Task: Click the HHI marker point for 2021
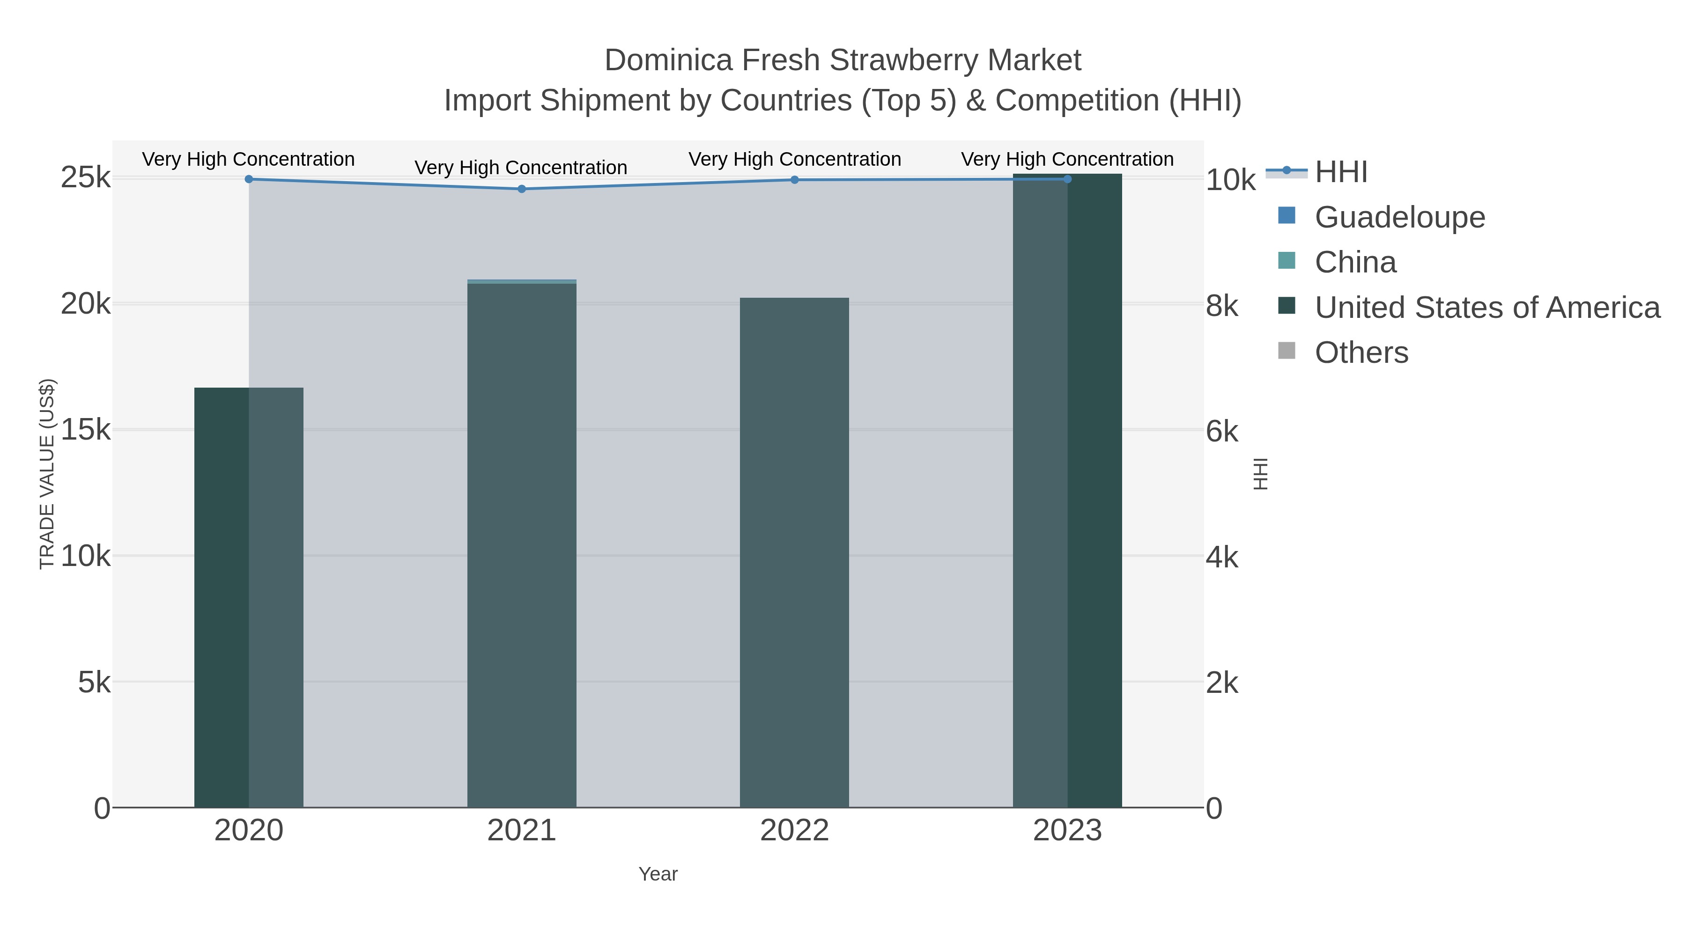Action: [522, 189]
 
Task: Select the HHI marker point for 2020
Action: [249, 179]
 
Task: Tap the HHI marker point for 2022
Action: [795, 180]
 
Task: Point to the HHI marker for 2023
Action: [1067, 179]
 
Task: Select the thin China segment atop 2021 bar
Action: [522, 281]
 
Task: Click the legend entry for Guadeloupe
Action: [1399, 217]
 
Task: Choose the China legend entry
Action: [1355, 262]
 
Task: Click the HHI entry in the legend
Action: [1340, 172]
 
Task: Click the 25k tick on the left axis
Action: [86, 178]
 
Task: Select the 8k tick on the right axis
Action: [1222, 306]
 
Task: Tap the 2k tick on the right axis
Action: [1222, 683]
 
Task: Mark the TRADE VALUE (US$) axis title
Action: [47, 474]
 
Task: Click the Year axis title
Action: [658, 874]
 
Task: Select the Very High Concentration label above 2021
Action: [521, 168]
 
